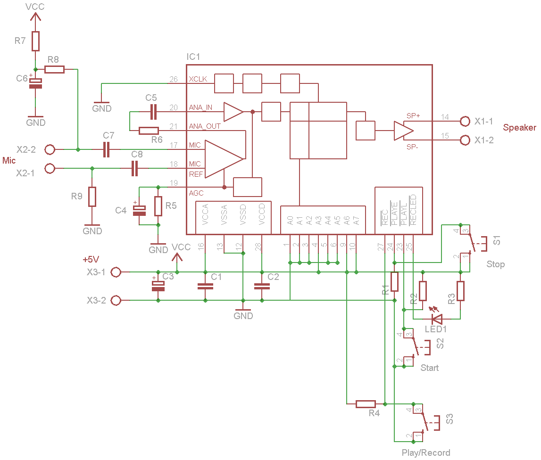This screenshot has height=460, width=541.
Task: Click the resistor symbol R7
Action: (35, 41)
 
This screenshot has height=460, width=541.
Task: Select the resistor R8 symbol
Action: (55, 69)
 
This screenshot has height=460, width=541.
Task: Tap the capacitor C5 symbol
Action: (154, 112)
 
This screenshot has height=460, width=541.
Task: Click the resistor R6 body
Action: (149, 131)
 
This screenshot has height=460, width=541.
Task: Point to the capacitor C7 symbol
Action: (107, 149)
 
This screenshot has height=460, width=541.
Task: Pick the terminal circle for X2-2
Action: (50, 149)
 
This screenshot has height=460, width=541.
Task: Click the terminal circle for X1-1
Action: (465, 121)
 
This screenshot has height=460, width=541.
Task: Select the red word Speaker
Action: (519, 128)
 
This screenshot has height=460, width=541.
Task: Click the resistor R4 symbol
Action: (366, 404)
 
